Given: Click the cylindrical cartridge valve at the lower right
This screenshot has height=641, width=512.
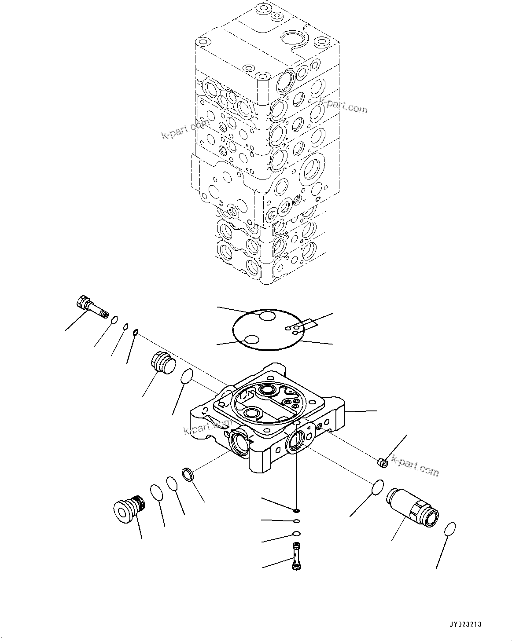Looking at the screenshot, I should tap(413, 508).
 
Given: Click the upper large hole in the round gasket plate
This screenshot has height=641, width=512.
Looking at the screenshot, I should tap(267, 316).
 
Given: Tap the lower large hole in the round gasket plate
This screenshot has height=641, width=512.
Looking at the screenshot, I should tap(252, 339).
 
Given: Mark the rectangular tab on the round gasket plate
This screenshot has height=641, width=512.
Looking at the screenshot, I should tap(309, 324).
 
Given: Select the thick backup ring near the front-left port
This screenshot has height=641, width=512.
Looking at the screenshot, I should tap(188, 475).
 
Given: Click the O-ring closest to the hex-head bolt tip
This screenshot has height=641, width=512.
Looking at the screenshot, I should tap(114, 320).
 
